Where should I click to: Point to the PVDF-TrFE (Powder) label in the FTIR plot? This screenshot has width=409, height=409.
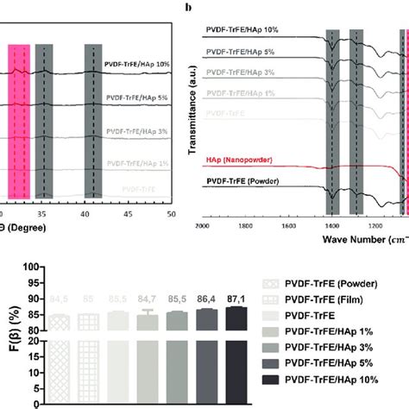247,182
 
